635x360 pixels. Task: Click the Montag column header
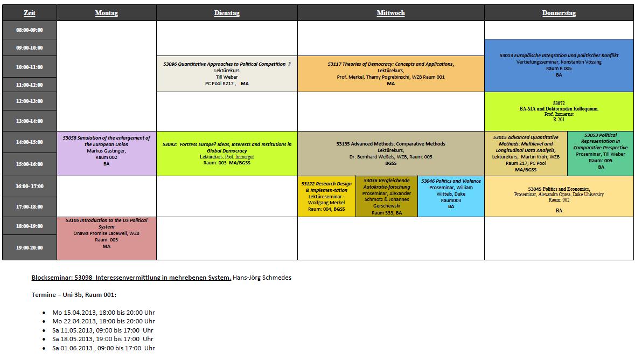coord(106,13)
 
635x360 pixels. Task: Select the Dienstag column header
coord(227,13)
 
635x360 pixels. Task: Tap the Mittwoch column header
coord(390,13)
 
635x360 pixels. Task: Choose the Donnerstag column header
coord(559,13)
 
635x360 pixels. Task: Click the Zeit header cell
coord(30,13)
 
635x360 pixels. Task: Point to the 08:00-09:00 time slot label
coord(30,30)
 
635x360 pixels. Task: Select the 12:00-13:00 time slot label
coord(30,101)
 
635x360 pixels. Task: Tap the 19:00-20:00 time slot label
coord(30,248)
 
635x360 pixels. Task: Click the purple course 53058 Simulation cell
coord(107,154)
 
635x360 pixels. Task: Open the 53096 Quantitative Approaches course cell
coord(227,74)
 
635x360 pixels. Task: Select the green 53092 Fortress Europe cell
coord(227,154)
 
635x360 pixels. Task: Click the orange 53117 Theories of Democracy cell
coord(390,74)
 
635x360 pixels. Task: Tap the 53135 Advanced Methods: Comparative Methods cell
coord(390,154)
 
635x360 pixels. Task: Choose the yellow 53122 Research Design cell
coord(326,196)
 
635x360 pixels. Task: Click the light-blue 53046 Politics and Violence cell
coord(451,196)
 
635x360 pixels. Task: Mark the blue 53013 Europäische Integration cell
coord(559,65)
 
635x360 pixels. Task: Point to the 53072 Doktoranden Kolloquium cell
coord(559,112)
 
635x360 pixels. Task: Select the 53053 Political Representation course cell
coord(601,154)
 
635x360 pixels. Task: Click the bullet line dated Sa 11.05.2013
coord(102,330)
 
